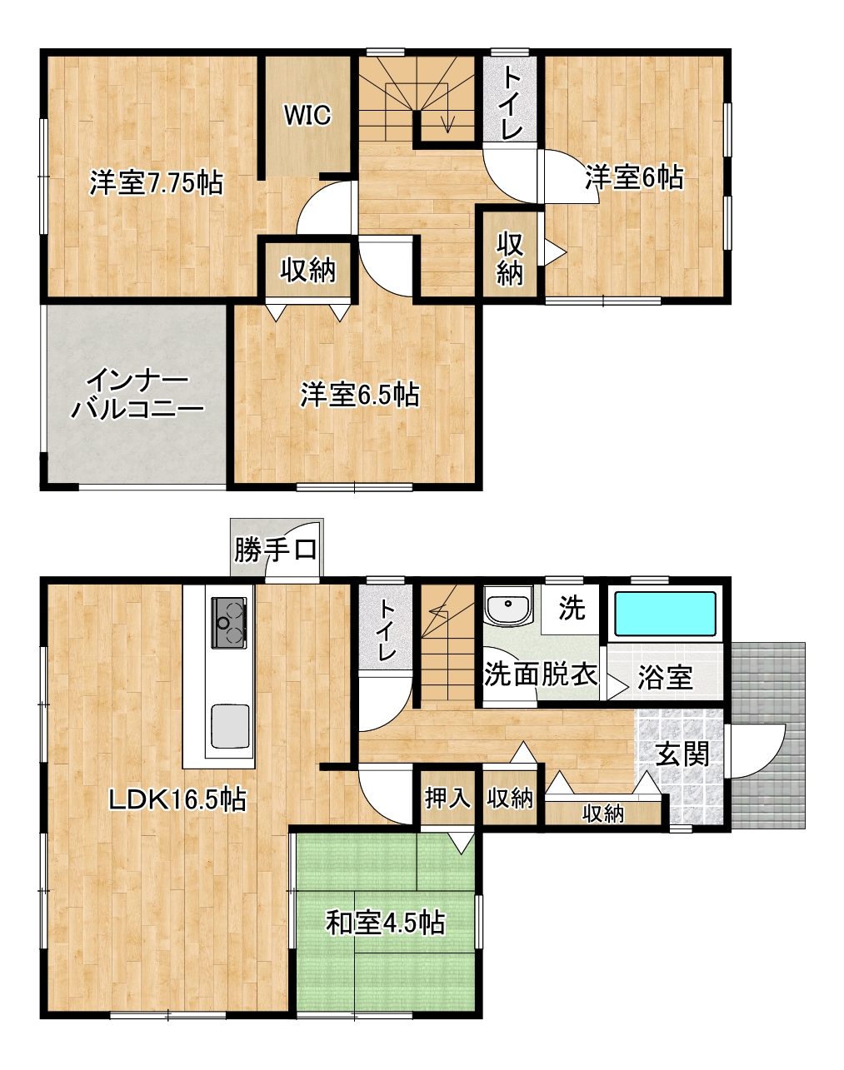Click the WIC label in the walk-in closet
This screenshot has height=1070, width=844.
tap(307, 115)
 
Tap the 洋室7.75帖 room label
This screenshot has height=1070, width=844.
tap(157, 182)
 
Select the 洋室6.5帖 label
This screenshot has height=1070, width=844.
tap(359, 395)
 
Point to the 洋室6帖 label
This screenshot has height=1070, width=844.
tap(634, 177)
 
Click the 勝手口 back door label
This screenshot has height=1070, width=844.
tap(275, 550)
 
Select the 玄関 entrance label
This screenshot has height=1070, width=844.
tap(682, 754)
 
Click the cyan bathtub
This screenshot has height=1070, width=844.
tap(666, 614)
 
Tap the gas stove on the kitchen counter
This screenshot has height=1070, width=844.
tap(229, 623)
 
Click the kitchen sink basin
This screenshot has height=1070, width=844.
tap(229, 726)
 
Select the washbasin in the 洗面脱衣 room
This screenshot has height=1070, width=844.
tap(508, 605)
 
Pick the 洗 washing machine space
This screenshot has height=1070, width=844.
tap(571, 608)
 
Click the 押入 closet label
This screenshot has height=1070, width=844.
tap(447, 798)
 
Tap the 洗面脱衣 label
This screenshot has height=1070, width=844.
tap(541, 674)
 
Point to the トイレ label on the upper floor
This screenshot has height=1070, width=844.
tap(512, 102)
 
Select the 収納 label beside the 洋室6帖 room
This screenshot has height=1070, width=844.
tap(510, 259)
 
